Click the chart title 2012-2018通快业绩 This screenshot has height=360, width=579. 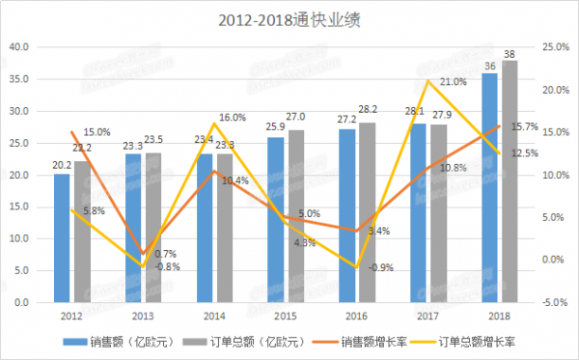[290, 18]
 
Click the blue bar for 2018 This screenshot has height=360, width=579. [489, 187]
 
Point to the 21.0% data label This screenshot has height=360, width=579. [453, 82]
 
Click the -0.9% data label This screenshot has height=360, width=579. [382, 266]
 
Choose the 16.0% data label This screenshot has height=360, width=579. [233, 118]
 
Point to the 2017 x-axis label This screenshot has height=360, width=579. [429, 316]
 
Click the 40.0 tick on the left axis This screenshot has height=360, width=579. [19, 47]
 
